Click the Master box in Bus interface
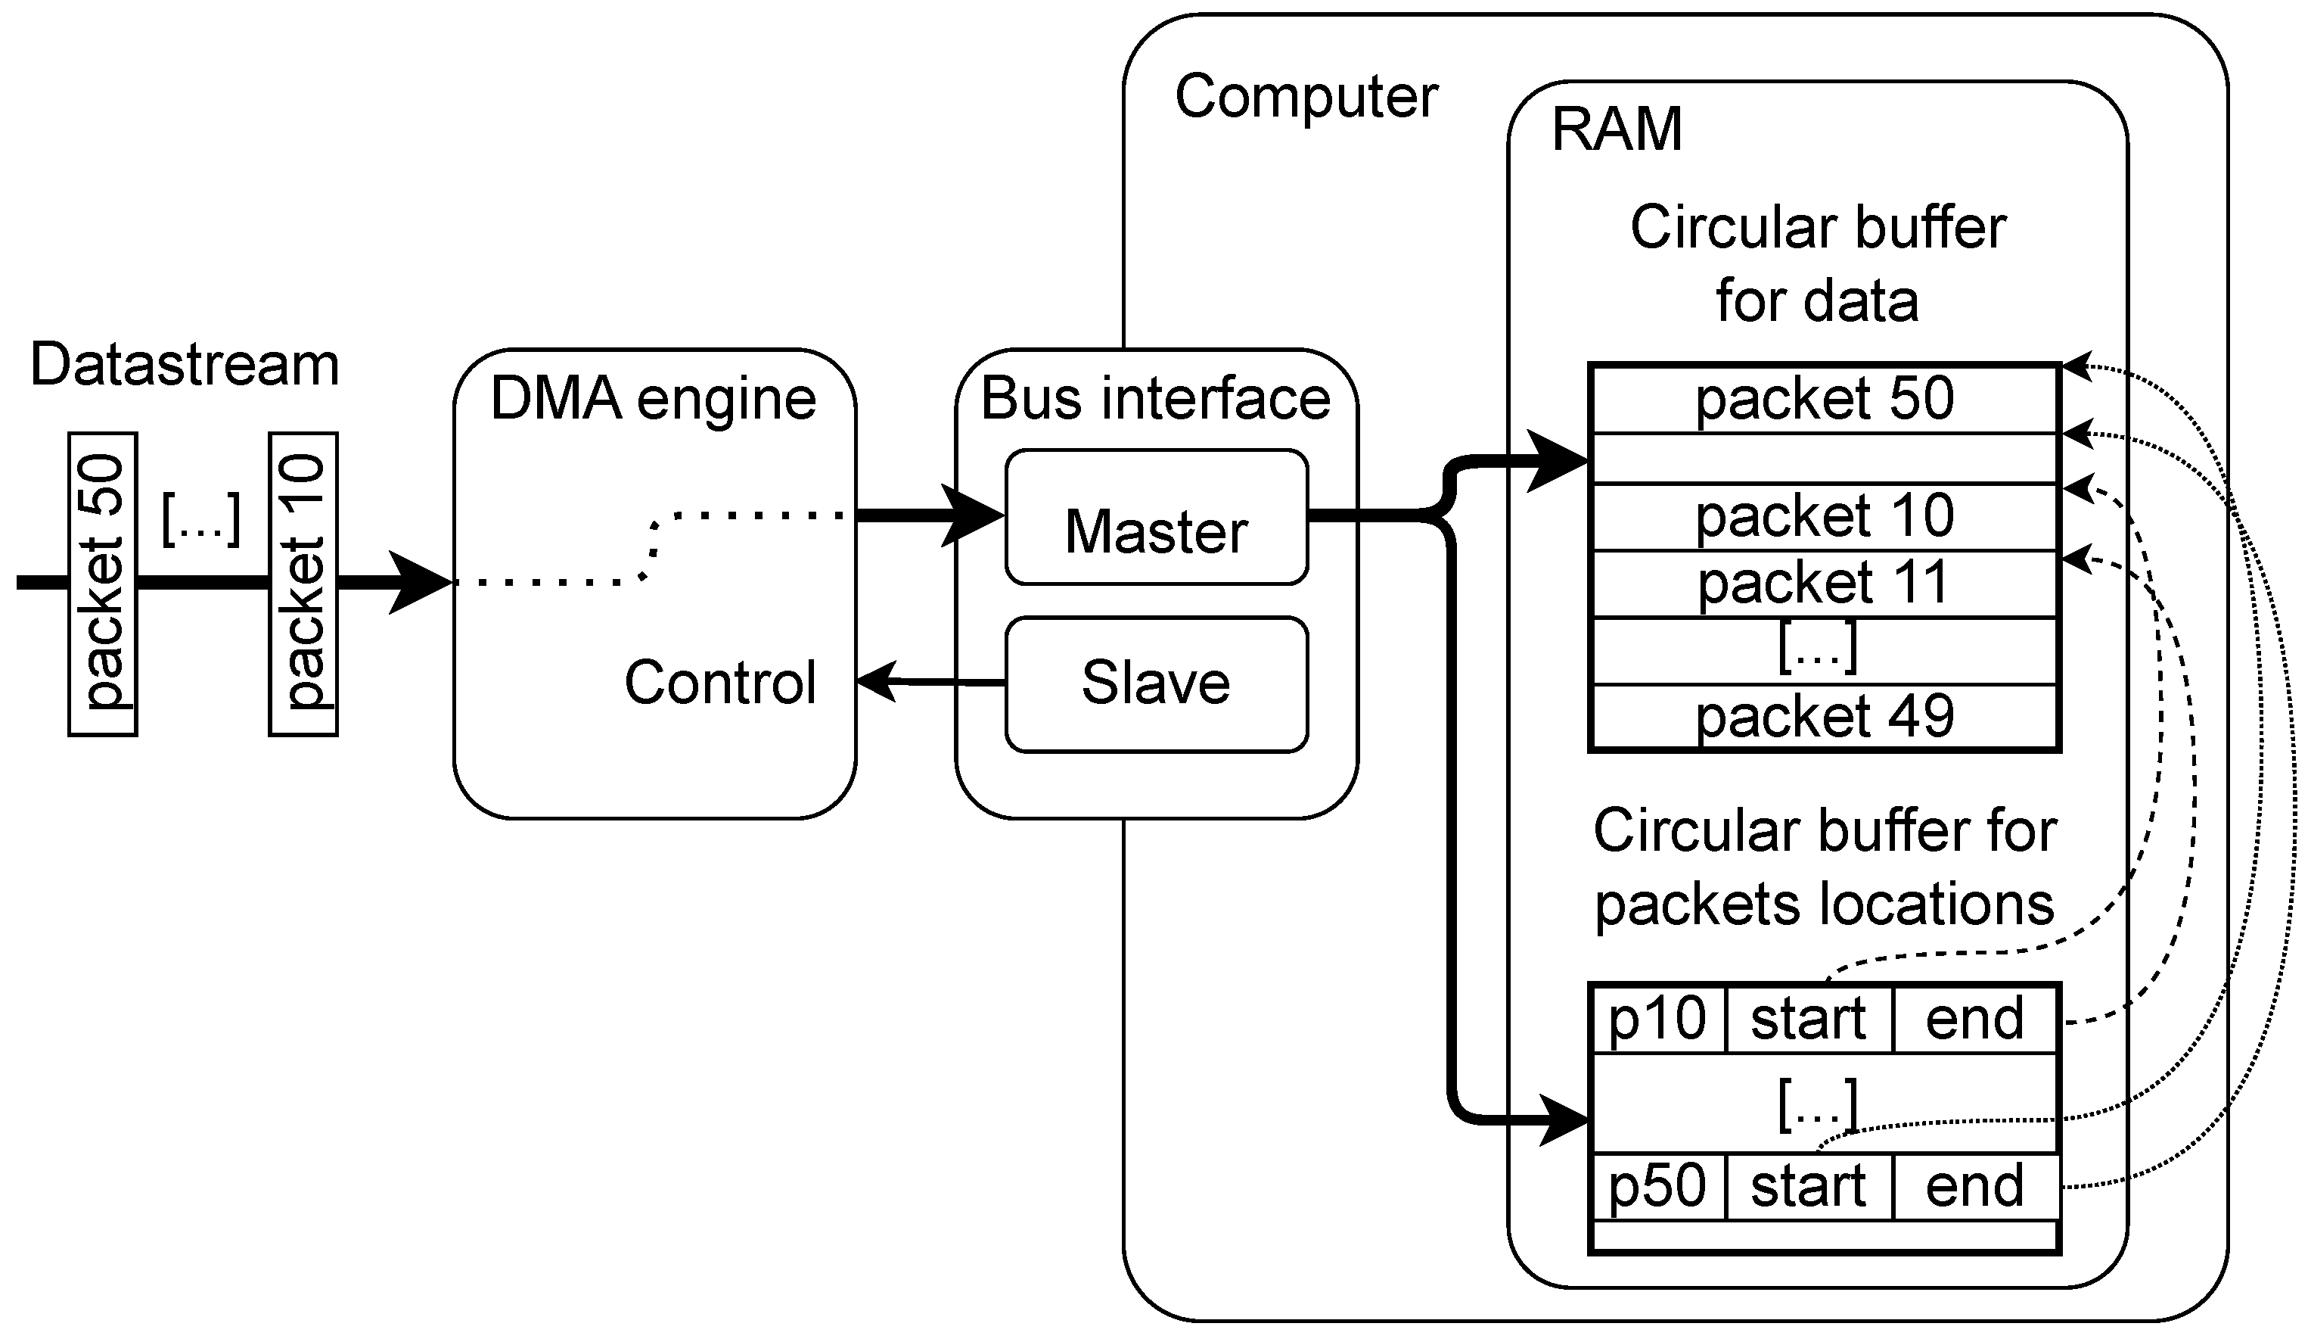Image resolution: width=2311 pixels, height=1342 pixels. (1156, 518)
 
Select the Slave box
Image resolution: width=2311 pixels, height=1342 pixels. (1156, 684)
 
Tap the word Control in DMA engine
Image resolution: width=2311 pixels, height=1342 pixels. (720, 683)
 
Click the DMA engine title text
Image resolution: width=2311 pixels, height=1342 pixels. (653, 399)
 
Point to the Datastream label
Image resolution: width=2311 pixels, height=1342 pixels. (185, 365)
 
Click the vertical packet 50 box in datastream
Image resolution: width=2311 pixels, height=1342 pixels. (103, 584)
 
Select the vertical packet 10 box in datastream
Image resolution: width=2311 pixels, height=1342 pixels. (303, 584)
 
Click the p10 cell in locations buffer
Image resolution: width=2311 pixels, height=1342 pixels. (1657, 1019)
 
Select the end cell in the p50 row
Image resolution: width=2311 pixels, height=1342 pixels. (1974, 1187)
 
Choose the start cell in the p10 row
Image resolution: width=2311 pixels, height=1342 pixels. (1809, 1019)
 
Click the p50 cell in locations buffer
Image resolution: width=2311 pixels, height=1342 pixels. (1657, 1187)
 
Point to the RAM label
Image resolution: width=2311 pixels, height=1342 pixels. (1617, 129)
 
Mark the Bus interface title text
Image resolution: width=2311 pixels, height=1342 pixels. (1156, 399)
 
